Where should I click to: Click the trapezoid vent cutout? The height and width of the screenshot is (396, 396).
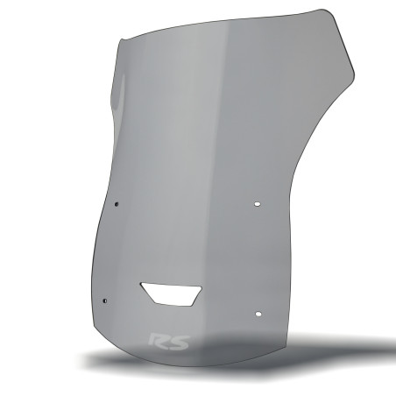point(172,293)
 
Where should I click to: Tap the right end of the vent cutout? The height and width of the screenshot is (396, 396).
point(203,291)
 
